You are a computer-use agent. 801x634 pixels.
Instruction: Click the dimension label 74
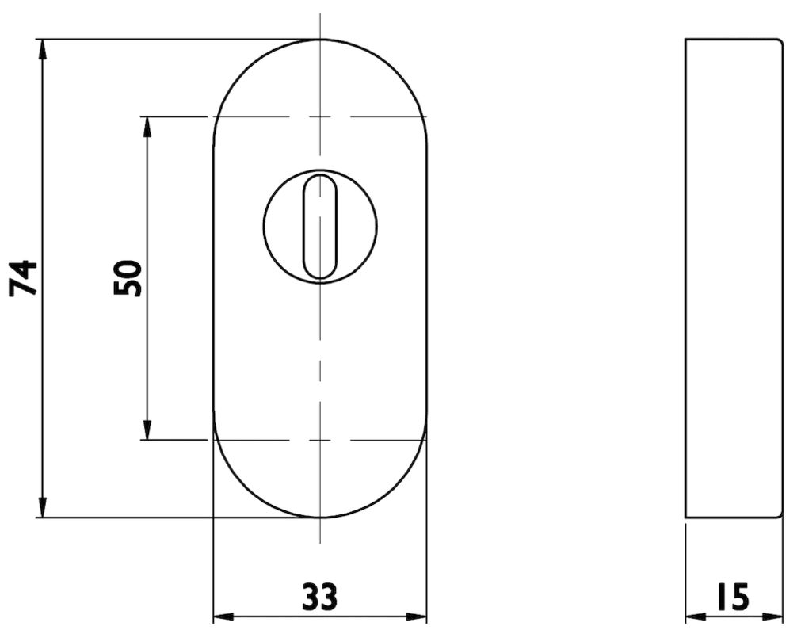pyautogui.click(x=24, y=278)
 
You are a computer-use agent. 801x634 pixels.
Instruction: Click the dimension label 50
pyautogui.click(x=128, y=278)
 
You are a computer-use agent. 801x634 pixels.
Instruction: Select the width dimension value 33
pyautogui.click(x=320, y=596)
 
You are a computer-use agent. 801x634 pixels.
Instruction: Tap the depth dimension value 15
pyautogui.click(x=734, y=596)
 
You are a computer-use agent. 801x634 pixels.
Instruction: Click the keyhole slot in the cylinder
pyautogui.click(x=320, y=227)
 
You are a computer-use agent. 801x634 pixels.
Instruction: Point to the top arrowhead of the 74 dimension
pyautogui.click(x=44, y=50)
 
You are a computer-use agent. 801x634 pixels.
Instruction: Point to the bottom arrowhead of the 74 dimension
pyautogui.click(x=44, y=506)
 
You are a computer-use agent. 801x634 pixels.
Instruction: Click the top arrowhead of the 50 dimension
pyautogui.click(x=147, y=128)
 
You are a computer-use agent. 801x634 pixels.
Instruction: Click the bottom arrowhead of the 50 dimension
pyautogui.click(x=147, y=429)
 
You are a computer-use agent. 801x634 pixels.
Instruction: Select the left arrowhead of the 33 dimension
pyautogui.click(x=223, y=617)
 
